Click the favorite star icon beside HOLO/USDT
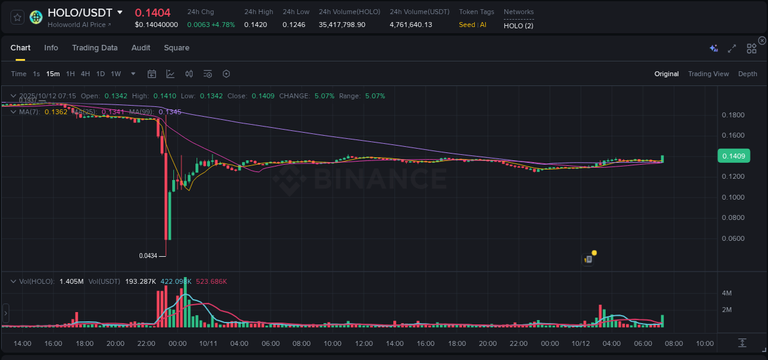click(x=17, y=17)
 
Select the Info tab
click(x=51, y=48)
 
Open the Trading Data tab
click(x=95, y=48)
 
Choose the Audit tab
click(x=141, y=48)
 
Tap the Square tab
click(x=176, y=48)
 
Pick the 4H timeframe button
click(x=85, y=74)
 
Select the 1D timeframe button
click(x=100, y=74)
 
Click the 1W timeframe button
click(x=116, y=74)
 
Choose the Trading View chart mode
click(x=708, y=74)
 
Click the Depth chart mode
click(x=748, y=74)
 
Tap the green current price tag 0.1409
click(x=734, y=156)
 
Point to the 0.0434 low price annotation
click(x=148, y=256)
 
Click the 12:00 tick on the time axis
click(x=364, y=343)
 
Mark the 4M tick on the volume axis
click(x=726, y=293)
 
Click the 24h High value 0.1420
click(x=255, y=25)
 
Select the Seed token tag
click(x=467, y=25)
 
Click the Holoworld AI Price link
click(x=79, y=25)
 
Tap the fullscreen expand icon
click(x=732, y=49)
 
